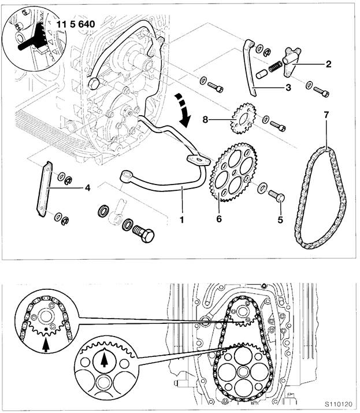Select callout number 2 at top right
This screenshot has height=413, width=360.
[x=328, y=64]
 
